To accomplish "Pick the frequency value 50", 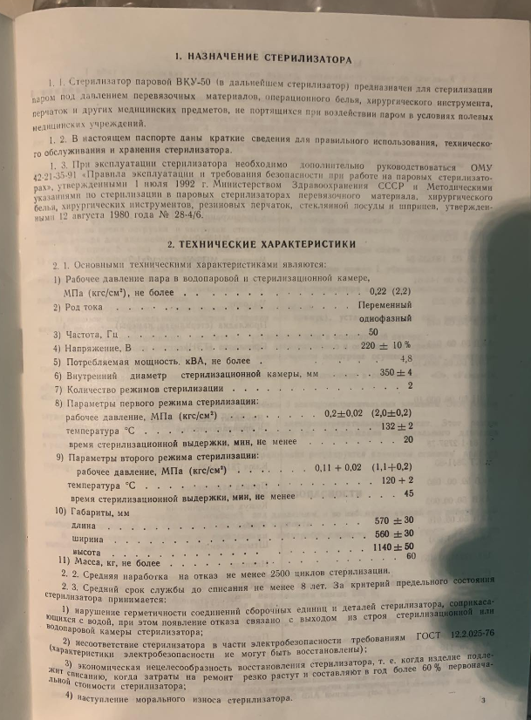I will pyautogui.click(x=373, y=332).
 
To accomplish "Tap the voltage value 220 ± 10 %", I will pyautogui.click(x=386, y=345).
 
